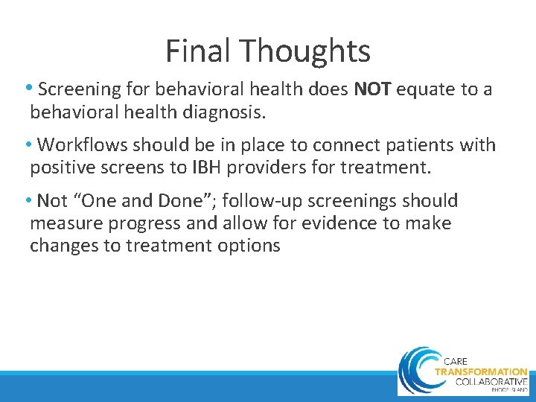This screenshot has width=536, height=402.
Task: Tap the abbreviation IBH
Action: tap(240, 167)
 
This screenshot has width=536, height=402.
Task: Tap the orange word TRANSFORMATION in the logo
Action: tap(481, 371)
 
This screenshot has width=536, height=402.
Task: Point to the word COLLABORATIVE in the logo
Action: tap(481, 380)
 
